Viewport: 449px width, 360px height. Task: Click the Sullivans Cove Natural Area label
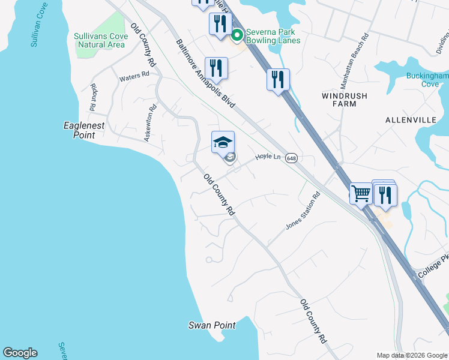click(100, 40)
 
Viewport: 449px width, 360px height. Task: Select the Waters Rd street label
click(134, 76)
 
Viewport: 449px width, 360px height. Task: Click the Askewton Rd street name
click(150, 122)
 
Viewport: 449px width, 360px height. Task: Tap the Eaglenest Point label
click(84, 130)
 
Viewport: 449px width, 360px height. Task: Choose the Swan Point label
click(212, 325)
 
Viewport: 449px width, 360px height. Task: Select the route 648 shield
click(291, 158)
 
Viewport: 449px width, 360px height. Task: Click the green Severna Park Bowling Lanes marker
click(237, 36)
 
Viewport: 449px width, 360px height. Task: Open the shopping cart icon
click(361, 193)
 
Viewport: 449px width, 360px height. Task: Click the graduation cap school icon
click(223, 142)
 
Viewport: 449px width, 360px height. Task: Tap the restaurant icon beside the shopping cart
click(385, 194)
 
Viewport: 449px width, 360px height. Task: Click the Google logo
click(20, 353)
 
